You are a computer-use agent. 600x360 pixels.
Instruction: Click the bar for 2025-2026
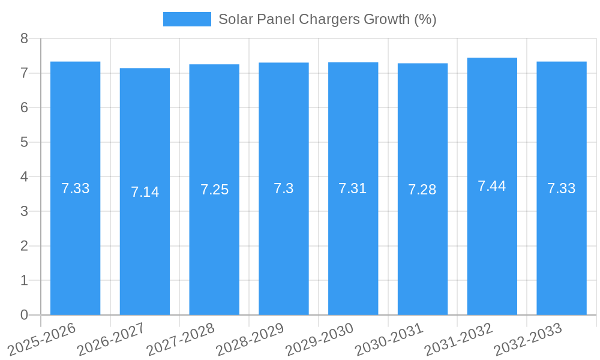75,240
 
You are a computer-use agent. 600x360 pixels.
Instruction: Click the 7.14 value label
145,192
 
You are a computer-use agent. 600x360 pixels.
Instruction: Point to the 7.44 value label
492,186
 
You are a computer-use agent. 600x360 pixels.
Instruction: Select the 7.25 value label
214,190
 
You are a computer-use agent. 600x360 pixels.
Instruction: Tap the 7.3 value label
283,188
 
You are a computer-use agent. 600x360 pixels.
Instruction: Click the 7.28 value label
422,190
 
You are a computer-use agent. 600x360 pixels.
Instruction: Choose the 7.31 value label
353,188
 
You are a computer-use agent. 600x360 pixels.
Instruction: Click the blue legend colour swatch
187,19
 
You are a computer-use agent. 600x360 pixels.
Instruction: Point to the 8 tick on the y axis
25,38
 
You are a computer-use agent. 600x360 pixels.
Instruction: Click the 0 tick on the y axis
25,315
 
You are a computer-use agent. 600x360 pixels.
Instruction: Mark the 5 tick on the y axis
25,142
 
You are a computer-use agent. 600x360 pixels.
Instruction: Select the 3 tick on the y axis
25,211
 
